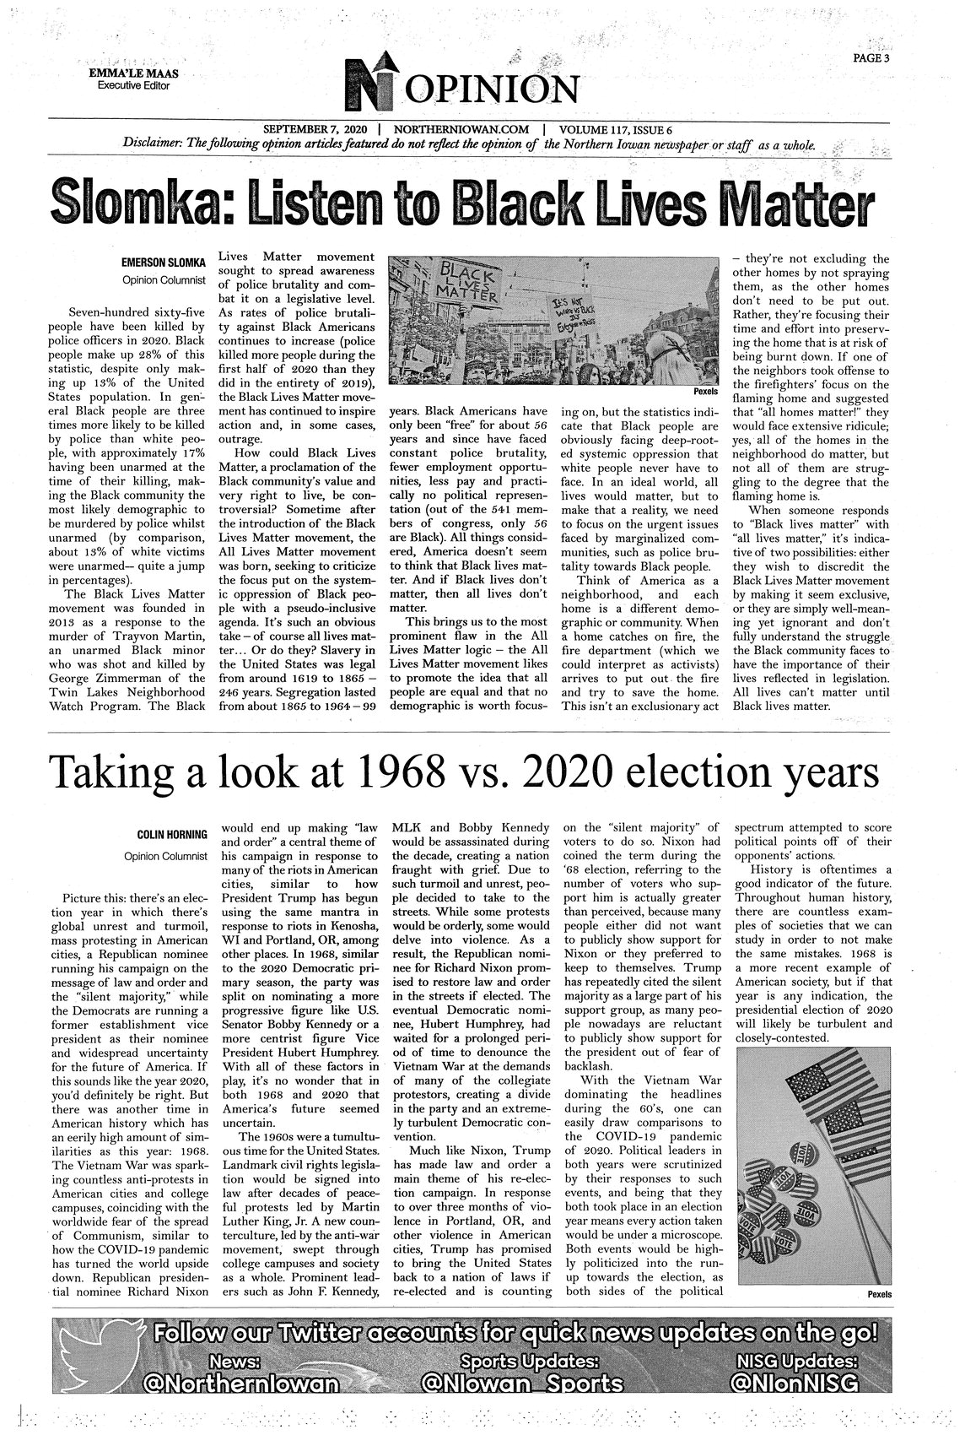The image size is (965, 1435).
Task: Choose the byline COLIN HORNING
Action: [172, 835]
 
